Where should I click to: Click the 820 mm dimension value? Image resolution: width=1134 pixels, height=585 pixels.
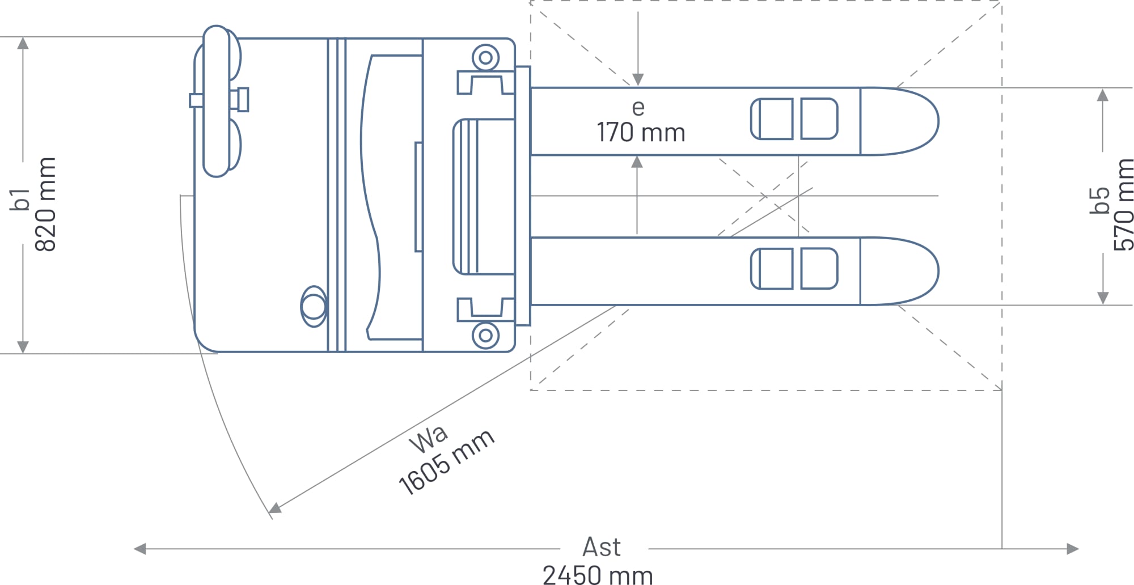(46, 204)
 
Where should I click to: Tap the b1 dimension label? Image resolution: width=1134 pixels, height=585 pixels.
(20, 200)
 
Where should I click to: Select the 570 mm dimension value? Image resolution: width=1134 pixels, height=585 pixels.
(1123, 205)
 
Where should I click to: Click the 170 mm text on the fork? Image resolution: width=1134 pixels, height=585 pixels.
(641, 133)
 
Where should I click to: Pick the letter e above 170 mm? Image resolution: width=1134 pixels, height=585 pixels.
(638, 108)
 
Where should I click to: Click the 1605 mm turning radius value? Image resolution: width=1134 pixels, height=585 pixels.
(447, 462)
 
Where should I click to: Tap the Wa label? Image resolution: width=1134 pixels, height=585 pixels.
(429, 439)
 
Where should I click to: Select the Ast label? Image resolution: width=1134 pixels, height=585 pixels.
(602, 547)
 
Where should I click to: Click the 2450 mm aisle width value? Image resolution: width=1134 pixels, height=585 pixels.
(598, 575)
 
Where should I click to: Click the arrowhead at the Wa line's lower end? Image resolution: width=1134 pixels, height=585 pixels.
(275, 507)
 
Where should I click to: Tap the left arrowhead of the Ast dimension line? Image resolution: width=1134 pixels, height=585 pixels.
(139, 549)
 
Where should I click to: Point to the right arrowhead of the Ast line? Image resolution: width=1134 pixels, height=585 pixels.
(1072, 549)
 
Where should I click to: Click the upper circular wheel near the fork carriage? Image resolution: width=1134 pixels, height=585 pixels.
(486, 58)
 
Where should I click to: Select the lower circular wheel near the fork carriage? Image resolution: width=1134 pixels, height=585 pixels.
(486, 335)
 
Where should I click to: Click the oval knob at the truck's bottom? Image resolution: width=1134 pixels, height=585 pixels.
(314, 307)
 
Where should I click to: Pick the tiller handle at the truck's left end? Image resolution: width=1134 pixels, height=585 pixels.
(216, 101)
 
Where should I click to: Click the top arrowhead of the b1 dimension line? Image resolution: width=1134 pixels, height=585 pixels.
(23, 43)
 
